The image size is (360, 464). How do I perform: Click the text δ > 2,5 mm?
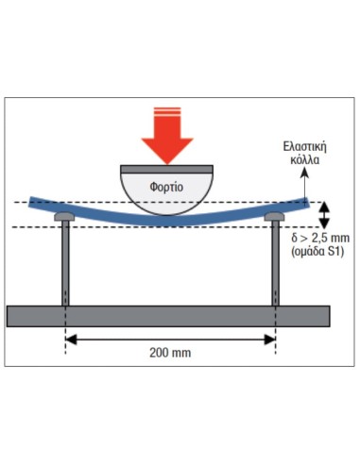[x=314, y=240]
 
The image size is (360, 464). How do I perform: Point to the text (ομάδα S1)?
[x=314, y=255]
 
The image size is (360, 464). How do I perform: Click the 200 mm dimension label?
[x=170, y=353]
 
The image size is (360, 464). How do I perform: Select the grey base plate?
[x=168, y=315]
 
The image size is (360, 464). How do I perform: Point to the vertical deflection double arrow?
[x=324, y=215]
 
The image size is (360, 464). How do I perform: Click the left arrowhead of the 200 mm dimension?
[x=71, y=338]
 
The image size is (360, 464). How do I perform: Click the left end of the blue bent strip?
[x=32, y=200]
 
